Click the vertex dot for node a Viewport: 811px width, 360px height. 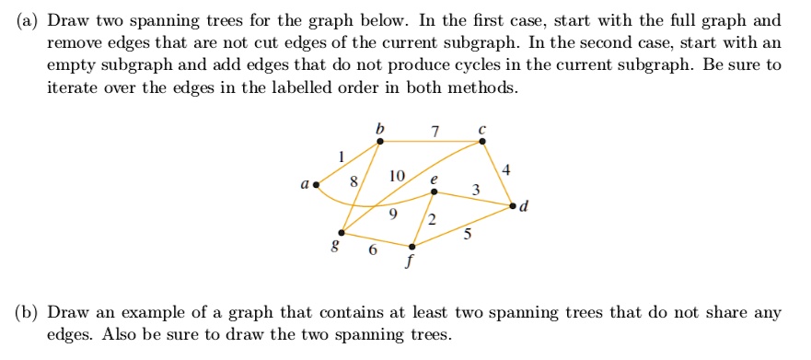(317, 184)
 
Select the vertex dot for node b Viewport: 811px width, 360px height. (381, 141)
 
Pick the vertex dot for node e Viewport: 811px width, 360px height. (434, 192)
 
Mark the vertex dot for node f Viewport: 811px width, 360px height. (412, 247)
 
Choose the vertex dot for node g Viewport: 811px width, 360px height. (342, 232)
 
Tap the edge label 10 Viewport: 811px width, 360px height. (397, 175)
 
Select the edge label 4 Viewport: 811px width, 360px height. (506, 170)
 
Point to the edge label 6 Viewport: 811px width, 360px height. (373, 250)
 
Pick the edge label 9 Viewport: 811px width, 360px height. (393, 215)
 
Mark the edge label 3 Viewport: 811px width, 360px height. (474, 190)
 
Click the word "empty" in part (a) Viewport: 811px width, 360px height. (72, 66)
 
